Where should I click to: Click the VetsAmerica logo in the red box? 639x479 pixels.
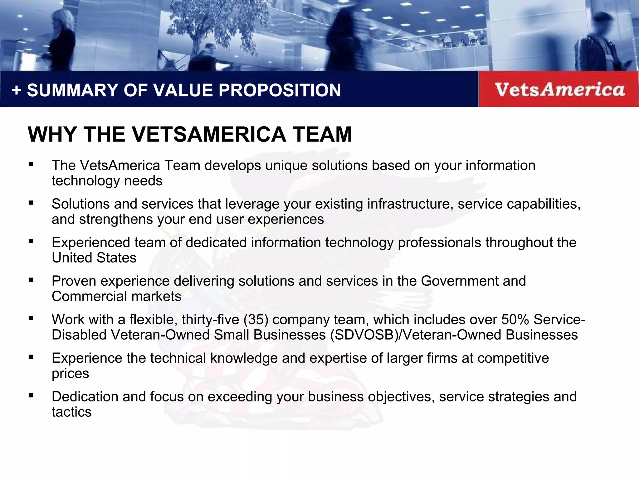559,90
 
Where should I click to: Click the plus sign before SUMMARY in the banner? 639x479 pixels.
17,91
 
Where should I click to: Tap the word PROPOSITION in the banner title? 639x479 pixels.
279,90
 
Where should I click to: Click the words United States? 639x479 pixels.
94,258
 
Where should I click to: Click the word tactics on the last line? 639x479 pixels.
71,412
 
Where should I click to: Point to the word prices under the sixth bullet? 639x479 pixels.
70,374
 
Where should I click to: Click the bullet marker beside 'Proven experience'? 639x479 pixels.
31,280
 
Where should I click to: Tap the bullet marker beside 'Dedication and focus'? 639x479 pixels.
31,396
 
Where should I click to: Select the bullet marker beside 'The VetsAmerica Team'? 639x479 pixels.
31,164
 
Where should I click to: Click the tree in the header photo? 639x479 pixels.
206,22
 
